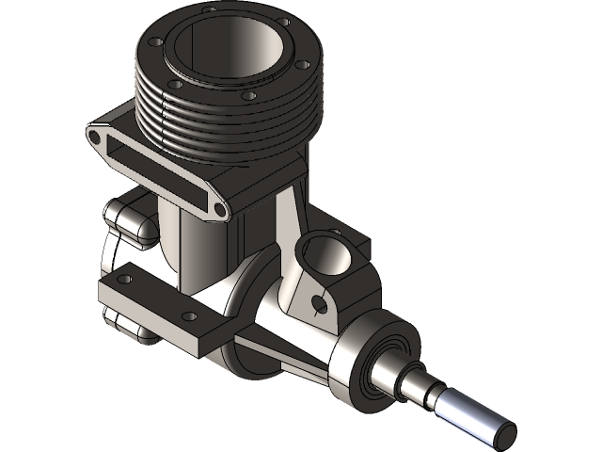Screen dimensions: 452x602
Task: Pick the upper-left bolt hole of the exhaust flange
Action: [96, 138]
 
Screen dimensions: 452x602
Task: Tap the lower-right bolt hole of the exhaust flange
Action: [217, 209]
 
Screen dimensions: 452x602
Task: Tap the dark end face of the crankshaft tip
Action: [504, 432]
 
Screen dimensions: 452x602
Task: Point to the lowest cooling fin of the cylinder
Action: [235, 151]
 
